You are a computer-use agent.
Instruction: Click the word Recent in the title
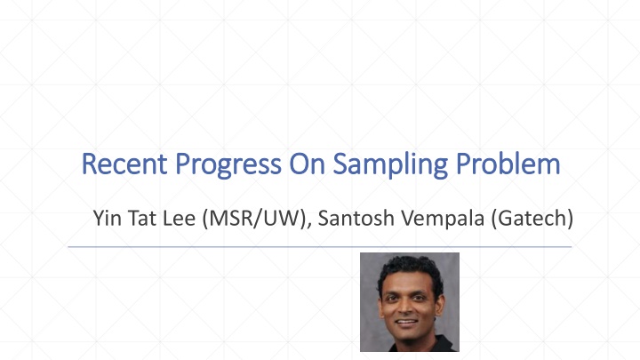(124, 164)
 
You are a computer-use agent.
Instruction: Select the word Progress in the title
(228, 165)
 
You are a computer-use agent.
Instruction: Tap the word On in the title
(307, 164)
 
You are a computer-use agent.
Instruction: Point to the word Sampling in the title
(390, 165)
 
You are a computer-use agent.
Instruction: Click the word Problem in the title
(508, 164)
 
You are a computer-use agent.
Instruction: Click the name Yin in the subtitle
(107, 218)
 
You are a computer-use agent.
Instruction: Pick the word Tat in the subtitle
(142, 218)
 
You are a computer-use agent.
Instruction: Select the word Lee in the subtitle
(179, 218)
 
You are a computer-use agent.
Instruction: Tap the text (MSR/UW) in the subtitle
(254, 219)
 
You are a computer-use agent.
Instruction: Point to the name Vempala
(443, 220)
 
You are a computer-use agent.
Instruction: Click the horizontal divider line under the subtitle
(320, 247)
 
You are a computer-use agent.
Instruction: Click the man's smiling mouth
(406, 323)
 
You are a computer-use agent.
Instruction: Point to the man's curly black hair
(410, 270)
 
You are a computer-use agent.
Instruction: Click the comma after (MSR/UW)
(309, 225)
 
